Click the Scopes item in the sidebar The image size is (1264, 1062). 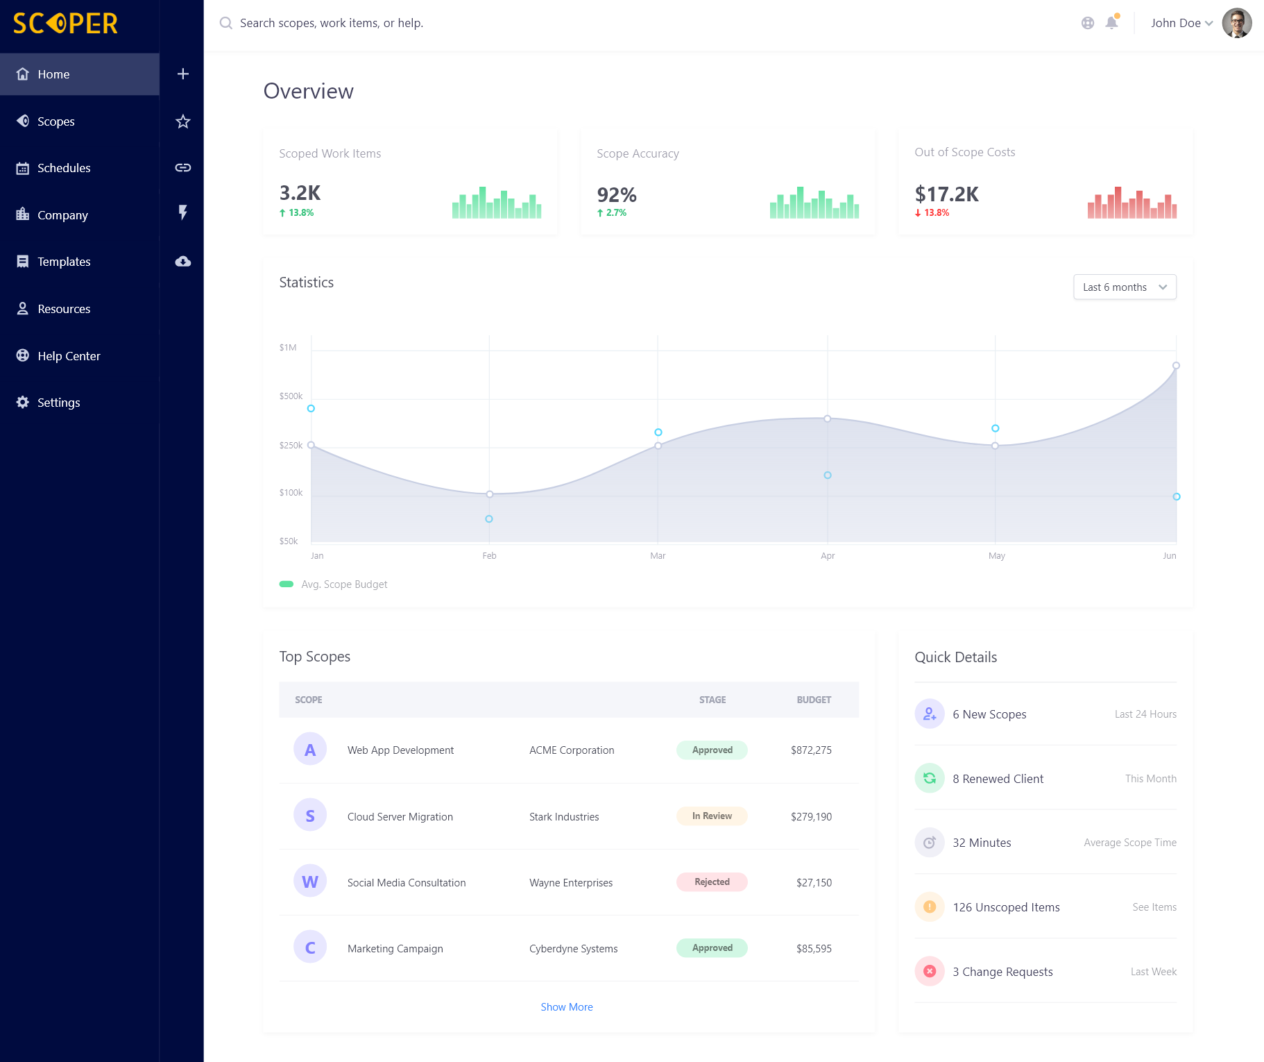(55, 121)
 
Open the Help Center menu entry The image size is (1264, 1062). (69, 356)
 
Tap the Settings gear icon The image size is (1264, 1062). (23, 403)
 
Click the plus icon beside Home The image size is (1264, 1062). (183, 74)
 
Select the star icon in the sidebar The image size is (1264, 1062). (183, 121)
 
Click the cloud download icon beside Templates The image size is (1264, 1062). (183, 262)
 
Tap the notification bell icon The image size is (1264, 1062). (1111, 22)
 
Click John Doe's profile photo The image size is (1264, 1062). (1236, 23)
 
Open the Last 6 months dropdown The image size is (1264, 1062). (1125, 287)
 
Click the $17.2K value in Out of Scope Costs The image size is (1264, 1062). (946, 194)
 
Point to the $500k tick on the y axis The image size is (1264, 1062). (291, 396)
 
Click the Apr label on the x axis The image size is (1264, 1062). (828, 556)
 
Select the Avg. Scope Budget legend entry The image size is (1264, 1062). (333, 584)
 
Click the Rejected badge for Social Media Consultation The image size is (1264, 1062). (712, 882)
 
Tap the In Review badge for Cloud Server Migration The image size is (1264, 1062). (712, 816)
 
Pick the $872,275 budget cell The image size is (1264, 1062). (811, 750)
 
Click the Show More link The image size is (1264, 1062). (567, 1007)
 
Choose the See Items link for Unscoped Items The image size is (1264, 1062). (1154, 907)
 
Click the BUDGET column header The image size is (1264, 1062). (814, 700)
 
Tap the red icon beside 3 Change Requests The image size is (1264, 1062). (930, 972)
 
